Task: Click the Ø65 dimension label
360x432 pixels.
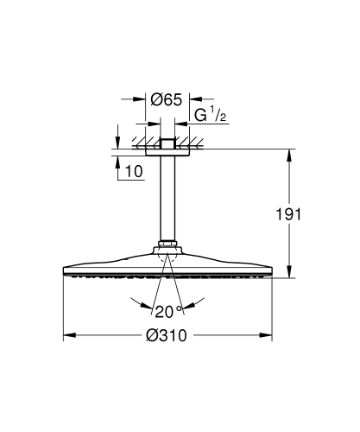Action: pos(166,100)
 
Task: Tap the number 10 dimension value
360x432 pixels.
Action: pos(134,172)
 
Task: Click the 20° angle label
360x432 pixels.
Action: pos(167,310)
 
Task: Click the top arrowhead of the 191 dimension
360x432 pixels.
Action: pos(288,154)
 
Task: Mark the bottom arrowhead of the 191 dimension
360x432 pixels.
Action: pos(288,274)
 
